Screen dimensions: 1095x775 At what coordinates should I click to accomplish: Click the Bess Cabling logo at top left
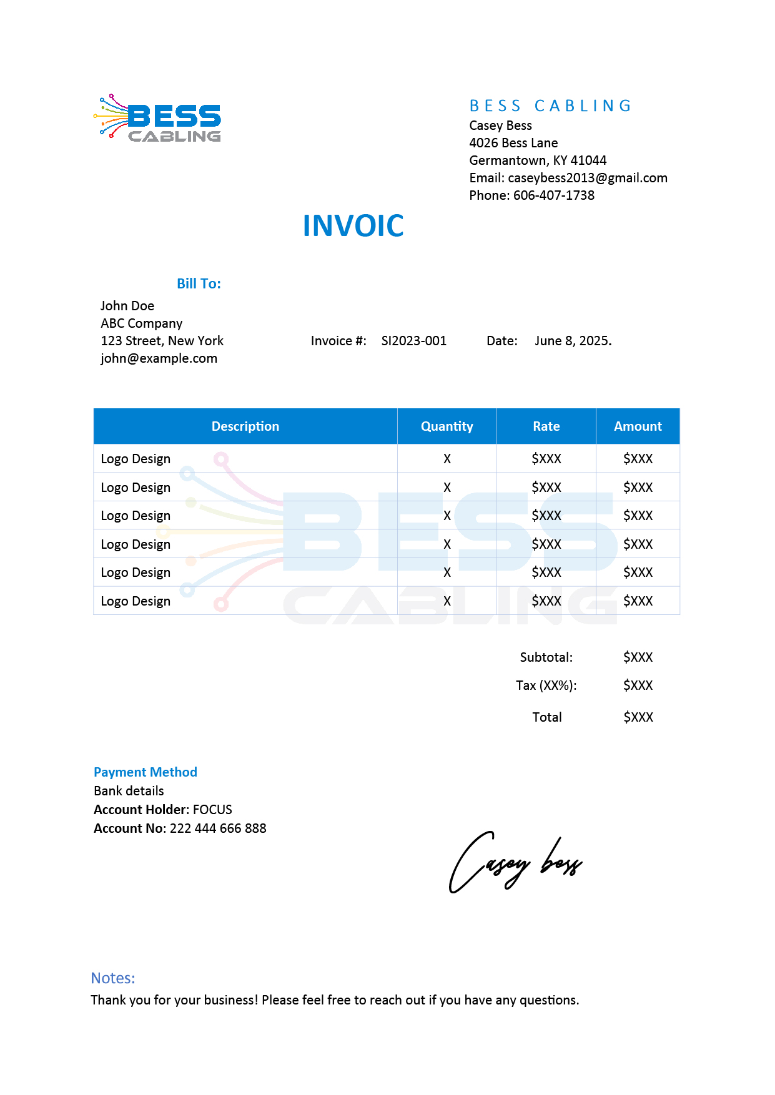click(158, 118)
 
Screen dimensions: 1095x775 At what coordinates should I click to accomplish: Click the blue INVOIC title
click(353, 226)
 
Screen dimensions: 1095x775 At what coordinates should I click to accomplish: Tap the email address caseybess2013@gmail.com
click(587, 178)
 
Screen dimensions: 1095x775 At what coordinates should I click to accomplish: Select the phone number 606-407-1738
click(553, 195)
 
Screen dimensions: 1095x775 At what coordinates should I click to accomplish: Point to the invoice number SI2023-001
click(413, 341)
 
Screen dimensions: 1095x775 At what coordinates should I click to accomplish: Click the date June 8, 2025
click(573, 341)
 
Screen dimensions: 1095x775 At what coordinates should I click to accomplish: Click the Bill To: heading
click(199, 283)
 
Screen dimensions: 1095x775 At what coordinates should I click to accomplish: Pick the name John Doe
click(127, 306)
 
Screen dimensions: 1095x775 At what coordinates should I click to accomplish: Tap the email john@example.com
click(159, 358)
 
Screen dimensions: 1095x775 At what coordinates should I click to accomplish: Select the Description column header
click(245, 426)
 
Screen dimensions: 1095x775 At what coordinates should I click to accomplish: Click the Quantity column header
click(447, 426)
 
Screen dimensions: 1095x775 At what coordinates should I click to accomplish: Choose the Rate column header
click(546, 426)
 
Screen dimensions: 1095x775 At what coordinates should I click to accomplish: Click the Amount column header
click(638, 426)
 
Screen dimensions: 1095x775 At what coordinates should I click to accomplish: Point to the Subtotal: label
click(546, 657)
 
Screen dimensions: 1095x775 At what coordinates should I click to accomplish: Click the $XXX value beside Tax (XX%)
click(638, 685)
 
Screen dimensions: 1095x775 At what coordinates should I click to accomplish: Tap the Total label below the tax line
click(546, 717)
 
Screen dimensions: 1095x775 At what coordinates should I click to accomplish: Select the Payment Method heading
click(146, 772)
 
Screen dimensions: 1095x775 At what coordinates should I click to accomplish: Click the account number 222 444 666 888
click(218, 828)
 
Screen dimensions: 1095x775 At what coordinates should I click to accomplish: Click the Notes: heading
click(113, 978)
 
